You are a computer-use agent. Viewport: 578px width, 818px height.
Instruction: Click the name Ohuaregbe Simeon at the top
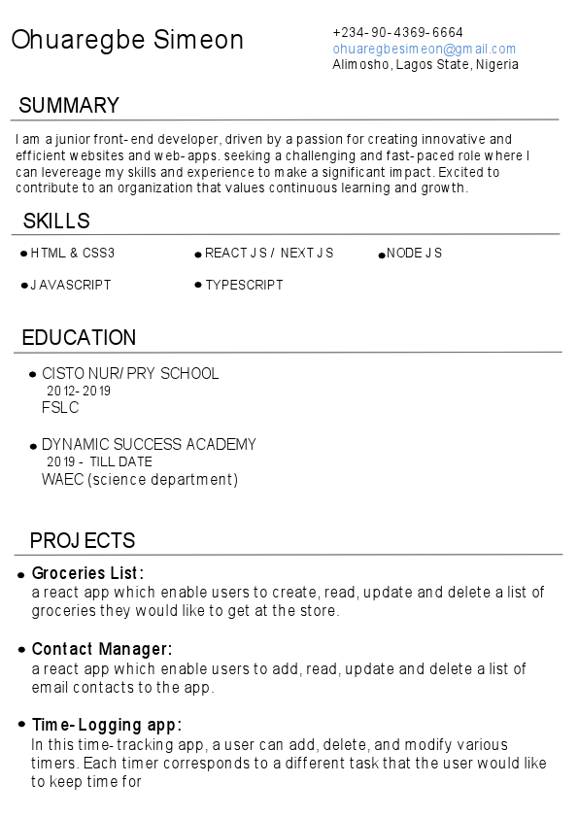click(x=127, y=40)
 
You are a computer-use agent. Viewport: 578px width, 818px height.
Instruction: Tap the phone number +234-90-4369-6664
click(x=397, y=32)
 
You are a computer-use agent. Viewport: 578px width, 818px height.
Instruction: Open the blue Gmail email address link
click(x=424, y=49)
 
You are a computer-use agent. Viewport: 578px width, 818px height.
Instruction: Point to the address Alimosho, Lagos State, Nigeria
click(x=425, y=65)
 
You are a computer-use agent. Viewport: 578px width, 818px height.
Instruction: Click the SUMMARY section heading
click(x=69, y=106)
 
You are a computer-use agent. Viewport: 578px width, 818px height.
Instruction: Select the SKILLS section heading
click(x=56, y=222)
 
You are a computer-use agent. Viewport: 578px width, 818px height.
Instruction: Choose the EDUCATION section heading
click(x=79, y=338)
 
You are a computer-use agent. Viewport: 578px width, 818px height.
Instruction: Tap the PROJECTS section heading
click(x=83, y=541)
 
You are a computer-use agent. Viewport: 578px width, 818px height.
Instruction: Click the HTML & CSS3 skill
click(x=72, y=254)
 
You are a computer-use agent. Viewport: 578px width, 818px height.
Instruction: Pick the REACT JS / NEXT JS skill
click(x=269, y=254)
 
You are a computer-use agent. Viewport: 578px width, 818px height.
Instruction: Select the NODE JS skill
click(x=414, y=254)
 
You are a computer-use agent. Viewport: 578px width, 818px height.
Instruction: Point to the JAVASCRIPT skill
click(x=70, y=286)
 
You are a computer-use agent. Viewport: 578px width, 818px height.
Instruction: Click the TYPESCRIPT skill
click(x=244, y=286)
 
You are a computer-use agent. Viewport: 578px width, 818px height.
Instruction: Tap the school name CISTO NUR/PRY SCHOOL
click(x=130, y=374)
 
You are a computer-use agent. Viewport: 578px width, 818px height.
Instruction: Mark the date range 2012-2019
click(x=79, y=392)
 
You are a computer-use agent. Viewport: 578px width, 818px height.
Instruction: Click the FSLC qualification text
click(x=60, y=408)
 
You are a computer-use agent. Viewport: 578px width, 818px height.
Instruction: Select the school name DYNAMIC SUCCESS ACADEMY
click(x=149, y=445)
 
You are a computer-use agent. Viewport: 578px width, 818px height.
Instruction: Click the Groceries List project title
click(x=87, y=573)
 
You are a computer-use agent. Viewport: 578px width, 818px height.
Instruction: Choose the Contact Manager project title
click(x=102, y=649)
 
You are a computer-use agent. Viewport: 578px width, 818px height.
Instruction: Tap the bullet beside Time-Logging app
click(x=21, y=726)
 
